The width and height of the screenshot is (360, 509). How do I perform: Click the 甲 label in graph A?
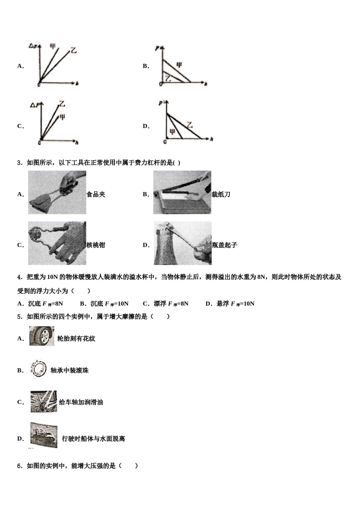tap(53, 47)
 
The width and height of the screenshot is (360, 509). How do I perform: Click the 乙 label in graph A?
tap(74, 50)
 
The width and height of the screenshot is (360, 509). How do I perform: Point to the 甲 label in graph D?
tap(172, 131)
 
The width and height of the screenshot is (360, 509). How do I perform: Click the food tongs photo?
tap(57, 192)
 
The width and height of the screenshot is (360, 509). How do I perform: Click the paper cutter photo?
tap(182, 192)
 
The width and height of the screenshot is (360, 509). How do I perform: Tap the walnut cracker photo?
tap(57, 243)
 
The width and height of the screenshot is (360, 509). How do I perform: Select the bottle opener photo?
tap(182, 243)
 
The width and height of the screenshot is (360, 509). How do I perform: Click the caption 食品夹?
tap(96, 195)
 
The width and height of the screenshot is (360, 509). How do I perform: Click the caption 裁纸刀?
tap(221, 195)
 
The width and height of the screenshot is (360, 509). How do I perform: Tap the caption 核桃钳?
tap(96, 245)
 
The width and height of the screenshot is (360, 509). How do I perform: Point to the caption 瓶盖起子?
tap(224, 245)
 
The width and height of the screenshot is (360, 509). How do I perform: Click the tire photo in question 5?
tap(41, 336)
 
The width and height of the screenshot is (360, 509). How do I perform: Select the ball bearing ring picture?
tap(38, 368)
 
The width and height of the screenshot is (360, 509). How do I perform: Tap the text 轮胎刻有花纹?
tap(76, 339)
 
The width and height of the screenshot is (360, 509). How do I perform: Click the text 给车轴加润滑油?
tap(81, 403)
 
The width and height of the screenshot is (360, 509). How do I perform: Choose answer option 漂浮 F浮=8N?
tap(166, 304)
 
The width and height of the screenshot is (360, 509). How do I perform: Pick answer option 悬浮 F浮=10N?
tap(230, 304)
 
